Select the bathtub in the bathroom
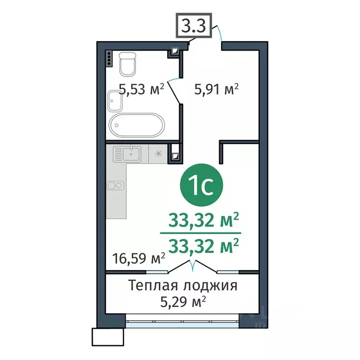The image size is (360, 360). (137, 125)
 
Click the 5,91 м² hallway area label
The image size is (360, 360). (217, 89)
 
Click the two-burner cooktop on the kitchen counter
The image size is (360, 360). (116, 185)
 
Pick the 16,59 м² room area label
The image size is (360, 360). (138, 257)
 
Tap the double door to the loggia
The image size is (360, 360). (193, 268)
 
